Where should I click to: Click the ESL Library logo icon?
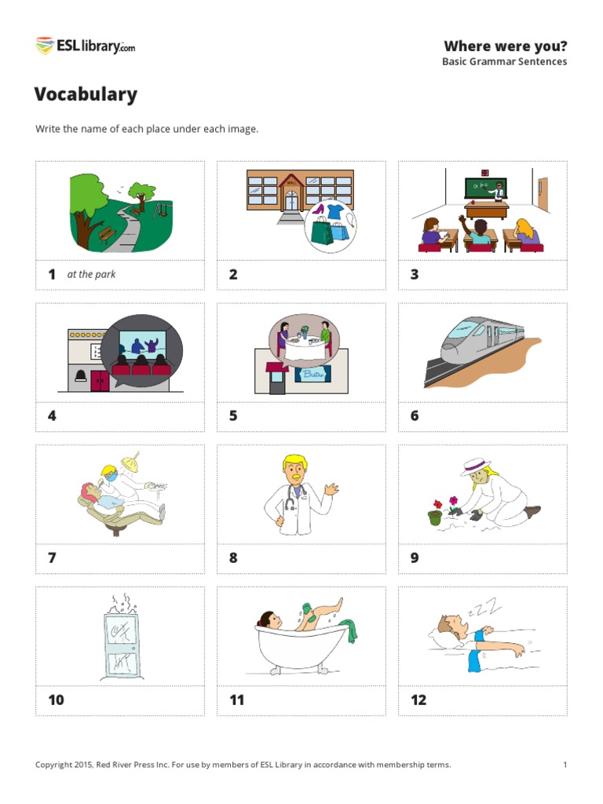click(x=44, y=46)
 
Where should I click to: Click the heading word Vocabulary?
click(x=86, y=94)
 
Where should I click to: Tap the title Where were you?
click(x=505, y=46)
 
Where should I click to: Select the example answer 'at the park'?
click(x=92, y=274)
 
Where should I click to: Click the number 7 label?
click(x=52, y=558)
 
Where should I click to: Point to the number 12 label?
click(x=418, y=700)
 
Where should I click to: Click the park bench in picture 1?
click(x=107, y=233)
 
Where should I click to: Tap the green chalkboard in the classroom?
click(x=485, y=188)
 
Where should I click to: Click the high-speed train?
click(x=481, y=339)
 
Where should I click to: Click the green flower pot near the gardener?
click(x=434, y=517)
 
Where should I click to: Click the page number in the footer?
click(x=565, y=765)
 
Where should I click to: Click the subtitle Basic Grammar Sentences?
click(x=504, y=62)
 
